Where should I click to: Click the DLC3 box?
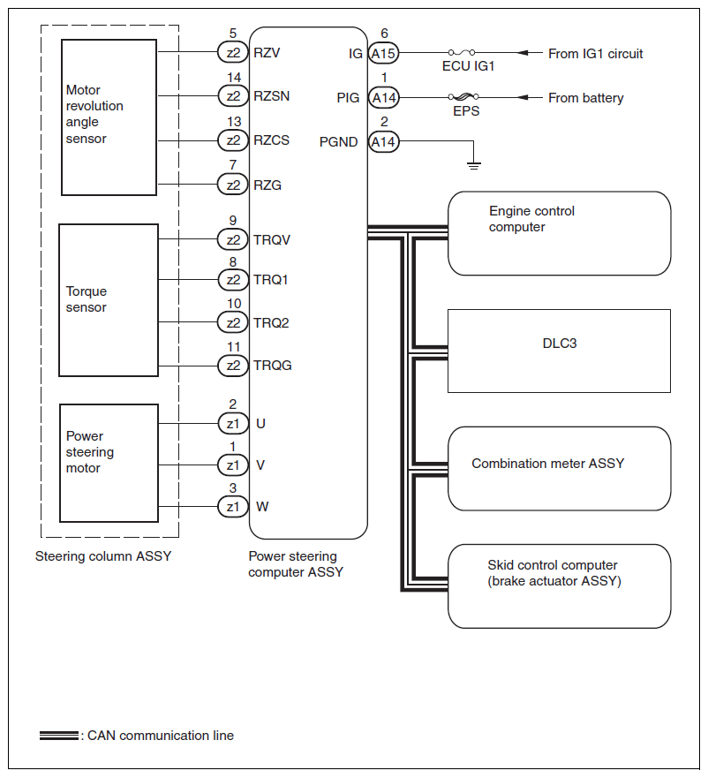pyautogui.click(x=559, y=351)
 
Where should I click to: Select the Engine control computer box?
pyautogui.click(x=559, y=233)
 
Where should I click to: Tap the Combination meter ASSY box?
pyautogui.click(x=559, y=468)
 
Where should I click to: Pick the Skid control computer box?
pyautogui.click(x=559, y=586)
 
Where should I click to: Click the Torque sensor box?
pyautogui.click(x=108, y=300)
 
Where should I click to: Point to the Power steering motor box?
pyautogui.click(x=108, y=463)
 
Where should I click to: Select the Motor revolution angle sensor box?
pyautogui.click(x=108, y=117)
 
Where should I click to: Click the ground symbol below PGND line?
pyautogui.click(x=474, y=163)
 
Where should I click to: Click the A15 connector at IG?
pyautogui.click(x=383, y=54)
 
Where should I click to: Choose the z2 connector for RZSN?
pyautogui.click(x=233, y=95)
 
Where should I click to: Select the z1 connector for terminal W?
pyautogui.click(x=233, y=507)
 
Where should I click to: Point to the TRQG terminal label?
pyautogui.click(x=272, y=366)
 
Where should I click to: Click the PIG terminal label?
pyautogui.click(x=348, y=97)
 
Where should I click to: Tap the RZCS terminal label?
pyautogui.click(x=271, y=140)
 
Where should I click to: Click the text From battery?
pyautogui.click(x=585, y=98)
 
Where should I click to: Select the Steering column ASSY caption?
pyautogui.click(x=103, y=556)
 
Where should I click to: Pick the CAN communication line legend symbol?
pyautogui.click(x=58, y=736)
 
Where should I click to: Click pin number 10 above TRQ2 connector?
pyautogui.click(x=234, y=304)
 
